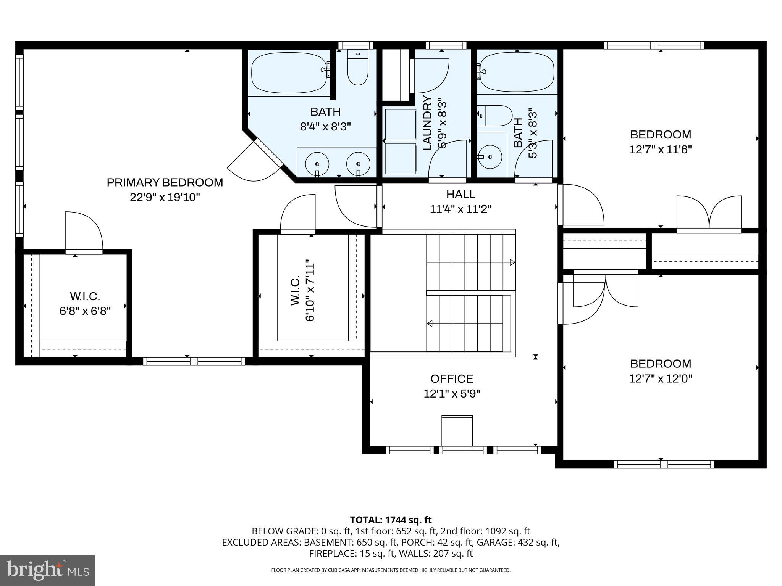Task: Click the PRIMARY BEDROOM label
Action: [x=165, y=182]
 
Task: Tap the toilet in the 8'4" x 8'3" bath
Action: [x=357, y=69]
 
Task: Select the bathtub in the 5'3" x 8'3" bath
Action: [x=517, y=72]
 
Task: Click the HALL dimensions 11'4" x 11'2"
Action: [x=460, y=209]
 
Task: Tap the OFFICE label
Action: [x=452, y=378]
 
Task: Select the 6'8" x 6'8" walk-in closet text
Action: [x=85, y=311]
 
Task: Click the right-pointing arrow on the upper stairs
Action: [x=512, y=262]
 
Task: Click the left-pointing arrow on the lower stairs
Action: [x=430, y=324]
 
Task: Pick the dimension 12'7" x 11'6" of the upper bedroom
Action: [x=660, y=149]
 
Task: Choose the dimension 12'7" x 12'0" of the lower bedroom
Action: [x=660, y=378]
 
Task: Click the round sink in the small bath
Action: [x=490, y=156]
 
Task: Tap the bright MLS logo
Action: [x=48, y=570]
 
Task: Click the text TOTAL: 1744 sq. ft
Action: [x=391, y=520]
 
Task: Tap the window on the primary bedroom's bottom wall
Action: [x=194, y=361]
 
